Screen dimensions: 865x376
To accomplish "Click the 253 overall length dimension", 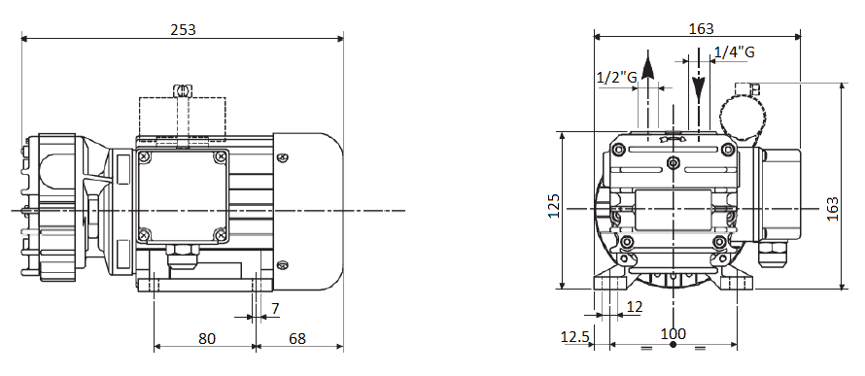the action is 183,29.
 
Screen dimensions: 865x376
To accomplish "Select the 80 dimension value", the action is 207,338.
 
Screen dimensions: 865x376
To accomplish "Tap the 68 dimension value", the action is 296,338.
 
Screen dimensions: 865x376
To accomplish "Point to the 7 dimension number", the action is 275,309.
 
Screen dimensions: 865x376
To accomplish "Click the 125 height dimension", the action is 554,206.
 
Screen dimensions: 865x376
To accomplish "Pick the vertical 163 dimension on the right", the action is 833,209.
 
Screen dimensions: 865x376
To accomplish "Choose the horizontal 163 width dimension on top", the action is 701,29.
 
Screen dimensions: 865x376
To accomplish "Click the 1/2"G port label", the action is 617,77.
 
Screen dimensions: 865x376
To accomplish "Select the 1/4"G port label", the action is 734,52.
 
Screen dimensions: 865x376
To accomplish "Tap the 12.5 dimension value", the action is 575,336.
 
